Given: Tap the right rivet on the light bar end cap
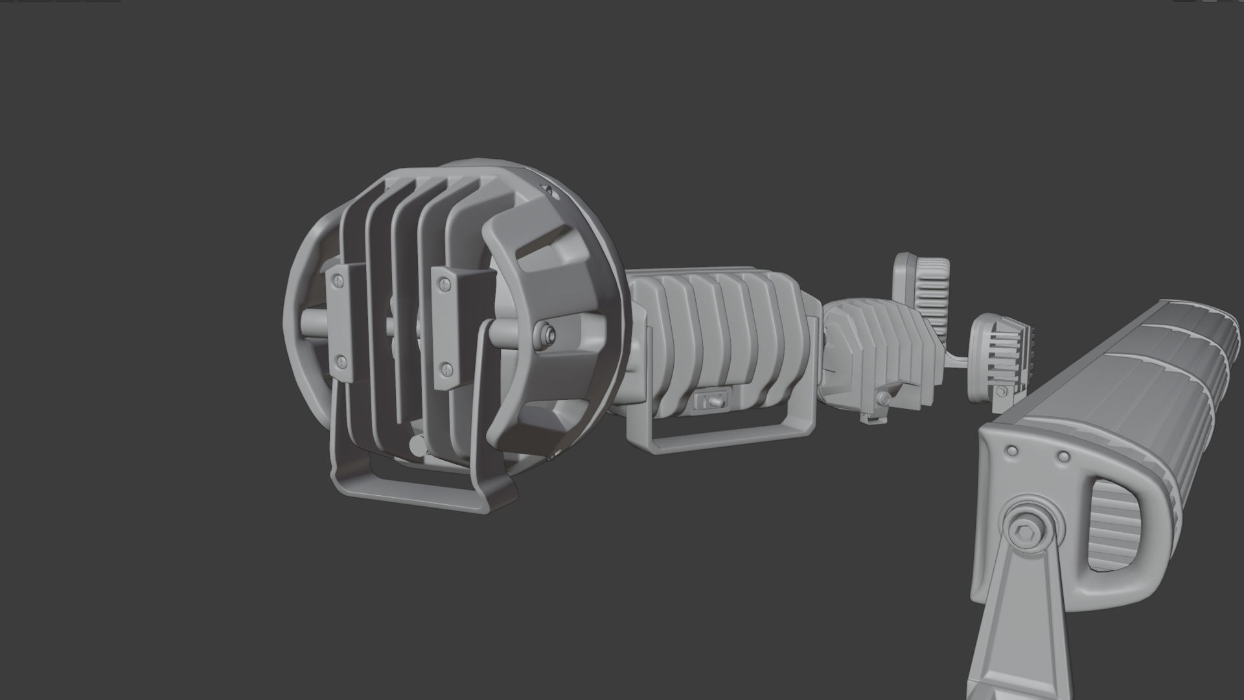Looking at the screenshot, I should (x=1063, y=457).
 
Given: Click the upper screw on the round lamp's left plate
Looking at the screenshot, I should (x=338, y=281).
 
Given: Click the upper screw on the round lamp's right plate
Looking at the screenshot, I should (x=443, y=283).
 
